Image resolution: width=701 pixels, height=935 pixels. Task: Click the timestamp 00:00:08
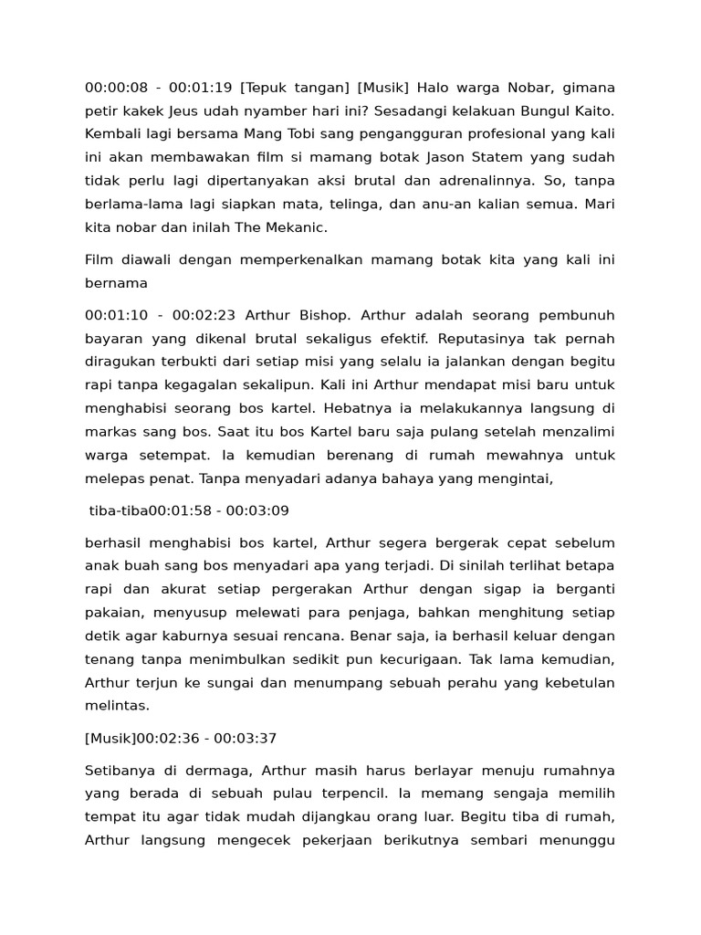click(115, 88)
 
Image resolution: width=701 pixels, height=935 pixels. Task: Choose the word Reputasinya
click(517, 338)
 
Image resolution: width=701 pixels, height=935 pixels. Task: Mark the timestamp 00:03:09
click(258, 510)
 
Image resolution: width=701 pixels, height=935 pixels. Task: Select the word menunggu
click(577, 840)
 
